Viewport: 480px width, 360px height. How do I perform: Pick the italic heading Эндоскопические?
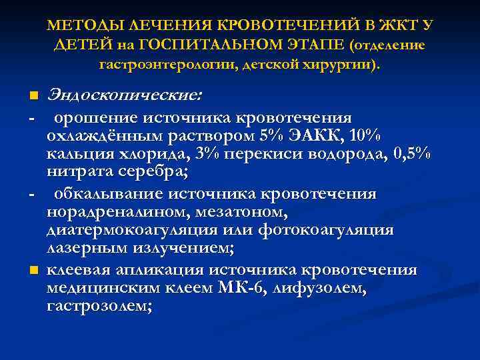tap(123, 95)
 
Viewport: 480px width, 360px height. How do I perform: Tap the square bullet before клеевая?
tap(33, 271)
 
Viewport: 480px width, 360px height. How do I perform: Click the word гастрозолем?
tap(99, 306)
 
